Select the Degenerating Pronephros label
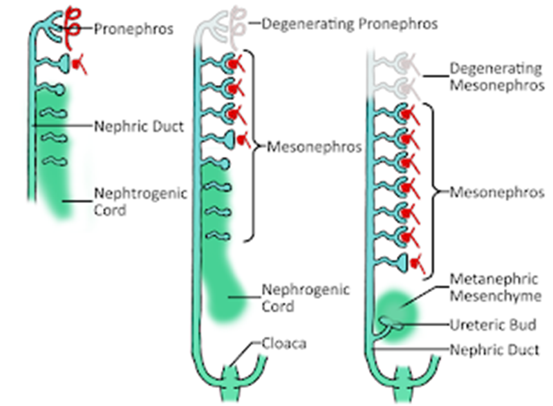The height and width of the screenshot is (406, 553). click(349, 24)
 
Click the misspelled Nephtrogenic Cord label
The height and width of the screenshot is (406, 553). click(140, 201)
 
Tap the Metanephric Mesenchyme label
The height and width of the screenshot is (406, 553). click(494, 287)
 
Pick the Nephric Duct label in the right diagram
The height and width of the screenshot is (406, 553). click(494, 350)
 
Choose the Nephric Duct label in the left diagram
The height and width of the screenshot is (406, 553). click(138, 127)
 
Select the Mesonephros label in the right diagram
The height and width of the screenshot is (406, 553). click(496, 193)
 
